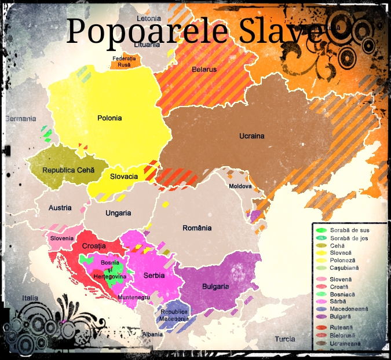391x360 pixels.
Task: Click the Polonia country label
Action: (109, 118)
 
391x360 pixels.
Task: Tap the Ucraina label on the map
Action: (251, 136)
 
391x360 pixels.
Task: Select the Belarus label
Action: (204, 69)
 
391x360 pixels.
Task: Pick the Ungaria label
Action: (118, 213)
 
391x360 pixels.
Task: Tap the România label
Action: (197, 228)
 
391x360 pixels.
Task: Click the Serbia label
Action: (154, 275)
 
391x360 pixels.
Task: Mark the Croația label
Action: (93, 247)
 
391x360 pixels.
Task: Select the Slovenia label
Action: (62, 238)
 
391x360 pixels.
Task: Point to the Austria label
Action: (60, 208)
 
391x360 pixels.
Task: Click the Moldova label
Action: (240, 186)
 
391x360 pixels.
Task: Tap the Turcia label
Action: (284, 339)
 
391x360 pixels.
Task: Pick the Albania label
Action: (152, 335)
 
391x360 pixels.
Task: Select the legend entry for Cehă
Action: (338, 245)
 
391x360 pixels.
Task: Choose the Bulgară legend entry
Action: (341, 317)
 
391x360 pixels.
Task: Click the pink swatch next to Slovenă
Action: (320, 279)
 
